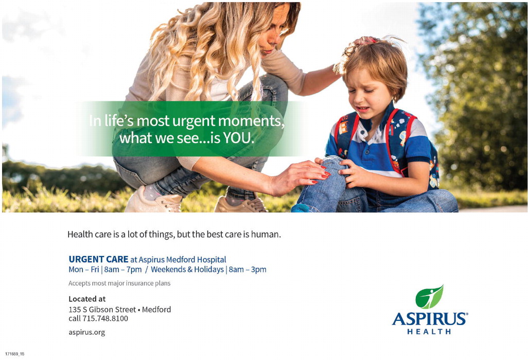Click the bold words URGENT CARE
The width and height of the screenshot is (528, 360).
(98, 259)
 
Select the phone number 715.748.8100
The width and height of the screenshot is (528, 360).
(105, 318)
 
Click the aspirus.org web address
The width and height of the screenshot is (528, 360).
(87, 332)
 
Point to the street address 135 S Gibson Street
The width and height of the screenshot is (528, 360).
(102, 310)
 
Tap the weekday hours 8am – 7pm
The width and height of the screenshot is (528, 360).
(123, 270)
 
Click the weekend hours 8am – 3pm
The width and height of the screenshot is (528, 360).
(248, 270)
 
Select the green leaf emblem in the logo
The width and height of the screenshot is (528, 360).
(429, 297)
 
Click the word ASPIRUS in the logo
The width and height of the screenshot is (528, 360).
(430, 318)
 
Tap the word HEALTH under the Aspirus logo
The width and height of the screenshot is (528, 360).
(429, 331)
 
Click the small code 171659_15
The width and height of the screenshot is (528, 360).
(15, 354)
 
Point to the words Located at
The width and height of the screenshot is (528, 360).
(87, 299)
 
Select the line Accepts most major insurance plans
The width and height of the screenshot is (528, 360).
(119, 283)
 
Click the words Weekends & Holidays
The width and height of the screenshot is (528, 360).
(187, 270)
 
